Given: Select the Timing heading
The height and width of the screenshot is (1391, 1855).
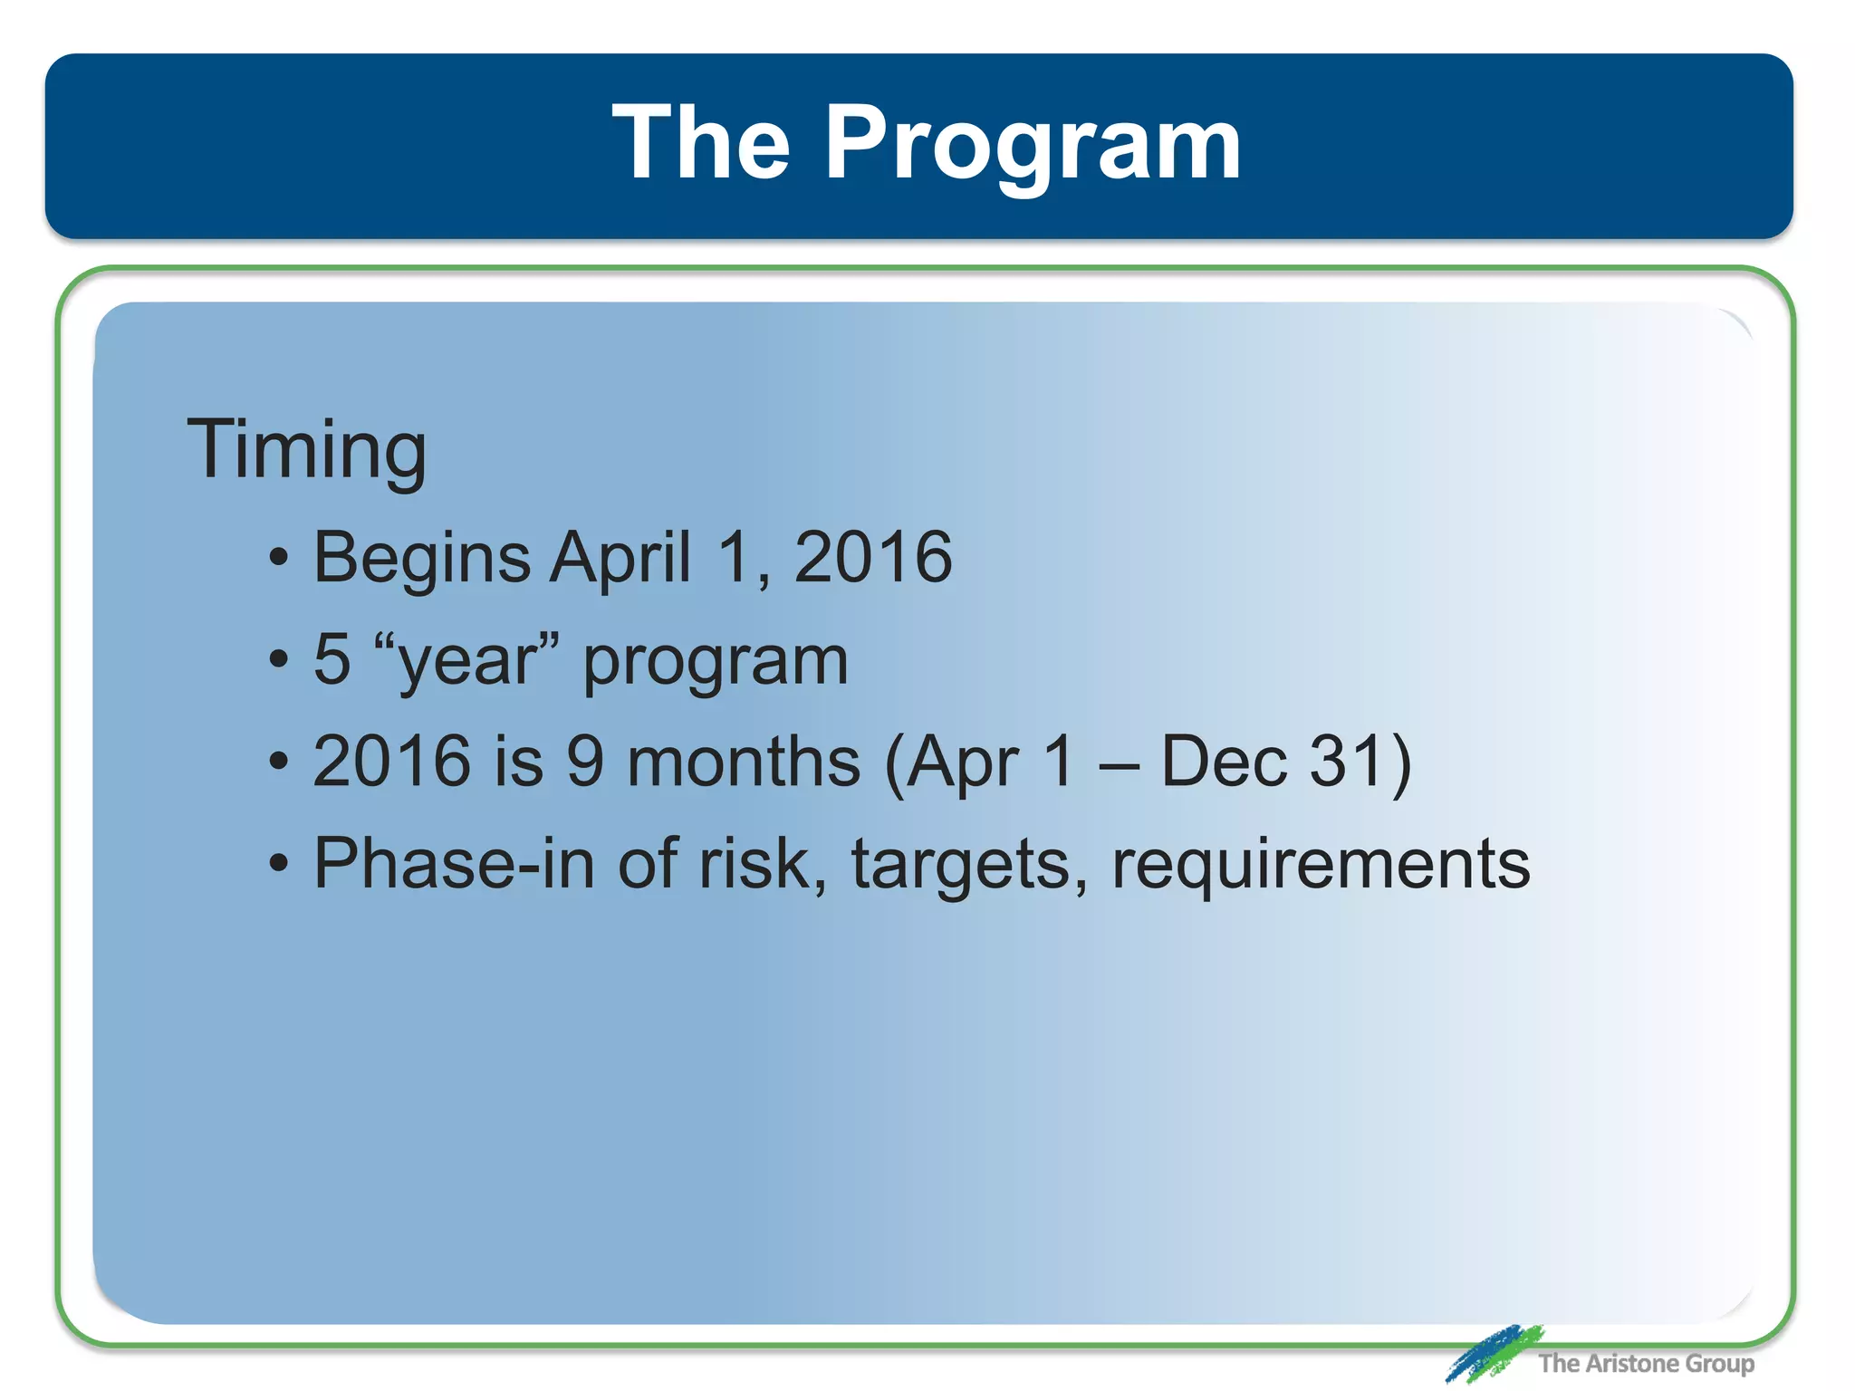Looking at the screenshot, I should click(x=306, y=450).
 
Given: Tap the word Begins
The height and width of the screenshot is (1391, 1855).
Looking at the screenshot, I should click(x=421, y=559).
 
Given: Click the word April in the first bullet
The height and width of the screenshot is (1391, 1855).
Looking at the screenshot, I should click(x=620, y=559).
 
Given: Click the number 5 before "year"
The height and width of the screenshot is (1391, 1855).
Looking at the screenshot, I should click(x=332, y=659).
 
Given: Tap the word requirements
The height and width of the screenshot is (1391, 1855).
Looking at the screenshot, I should click(x=1321, y=865).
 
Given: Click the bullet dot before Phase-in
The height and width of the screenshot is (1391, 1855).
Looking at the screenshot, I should click(x=279, y=863).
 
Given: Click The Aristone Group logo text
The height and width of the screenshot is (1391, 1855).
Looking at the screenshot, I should click(x=1646, y=1363).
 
